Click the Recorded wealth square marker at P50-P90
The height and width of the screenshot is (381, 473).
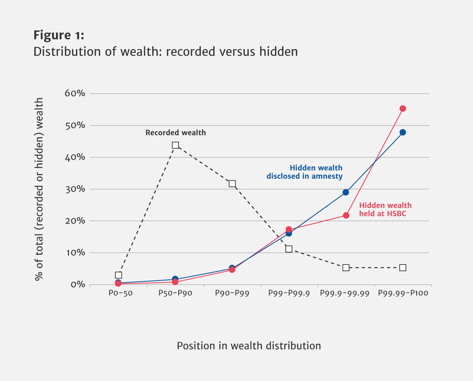click(x=175, y=145)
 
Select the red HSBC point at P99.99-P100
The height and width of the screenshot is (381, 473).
click(x=402, y=109)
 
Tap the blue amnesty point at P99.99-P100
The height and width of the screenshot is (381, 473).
click(x=402, y=132)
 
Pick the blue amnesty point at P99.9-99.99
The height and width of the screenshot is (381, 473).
click(x=346, y=192)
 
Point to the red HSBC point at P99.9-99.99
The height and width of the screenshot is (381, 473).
click(x=346, y=215)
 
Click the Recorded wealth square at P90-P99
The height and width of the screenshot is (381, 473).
click(x=232, y=184)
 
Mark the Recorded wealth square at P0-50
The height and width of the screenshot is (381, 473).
click(x=119, y=275)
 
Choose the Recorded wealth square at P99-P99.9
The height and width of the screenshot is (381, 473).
click(x=289, y=249)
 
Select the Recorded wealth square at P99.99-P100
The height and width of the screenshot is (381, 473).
click(x=402, y=268)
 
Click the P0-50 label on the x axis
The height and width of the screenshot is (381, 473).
click(x=118, y=294)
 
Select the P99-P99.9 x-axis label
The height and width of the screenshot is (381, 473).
click(x=289, y=294)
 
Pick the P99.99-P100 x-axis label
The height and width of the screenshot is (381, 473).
click(x=402, y=294)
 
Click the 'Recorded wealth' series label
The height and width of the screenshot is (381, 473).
click(x=176, y=133)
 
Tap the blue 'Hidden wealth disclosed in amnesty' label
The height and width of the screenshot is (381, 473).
click(x=304, y=172)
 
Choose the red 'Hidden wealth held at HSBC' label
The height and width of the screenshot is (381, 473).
click(x=385, y=209)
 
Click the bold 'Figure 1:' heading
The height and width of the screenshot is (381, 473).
click(x=59, y=35)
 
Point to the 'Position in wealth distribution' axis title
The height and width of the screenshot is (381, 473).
click(x=249, y=346)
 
